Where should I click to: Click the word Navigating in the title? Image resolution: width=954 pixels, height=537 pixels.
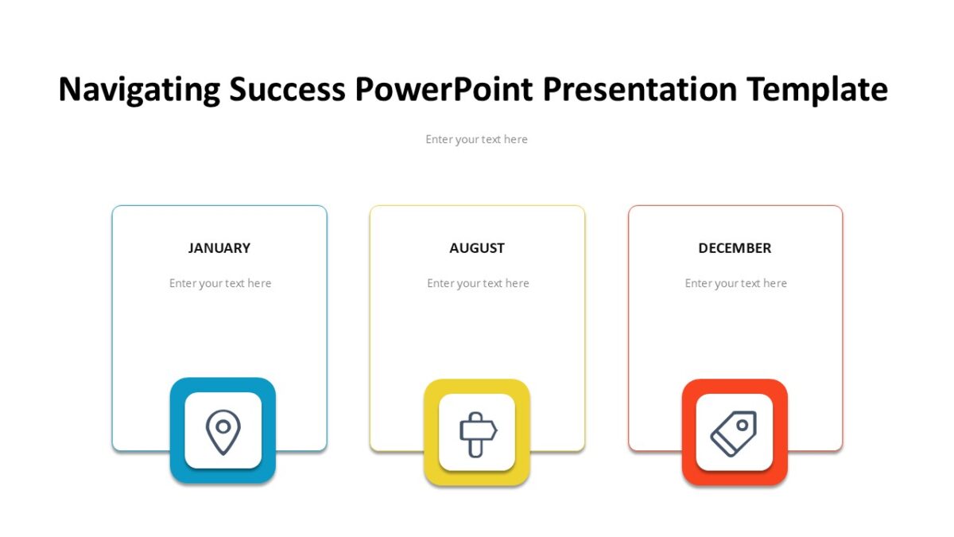[x=139, y=89]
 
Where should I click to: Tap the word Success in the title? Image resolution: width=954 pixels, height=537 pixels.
[x=288, y=89]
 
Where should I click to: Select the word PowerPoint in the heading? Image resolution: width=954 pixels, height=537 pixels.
[x=444, y=88]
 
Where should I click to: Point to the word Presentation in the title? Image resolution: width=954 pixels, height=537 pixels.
[x=640, y=89]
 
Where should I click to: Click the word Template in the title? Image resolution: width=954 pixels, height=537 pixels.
[x=817, y=89]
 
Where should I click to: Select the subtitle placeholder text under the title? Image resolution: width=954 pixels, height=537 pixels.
[x=476, y=139]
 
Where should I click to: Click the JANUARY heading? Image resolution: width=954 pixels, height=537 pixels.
[x=219, y=248]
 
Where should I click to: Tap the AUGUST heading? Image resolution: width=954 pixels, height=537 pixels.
[x=477, y=248]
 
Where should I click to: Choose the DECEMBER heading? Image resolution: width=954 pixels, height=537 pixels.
[x=735, y=248]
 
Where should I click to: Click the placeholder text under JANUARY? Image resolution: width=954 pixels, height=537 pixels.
[x=220, y=283]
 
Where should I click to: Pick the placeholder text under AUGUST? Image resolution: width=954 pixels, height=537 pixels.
[x=478, y=283]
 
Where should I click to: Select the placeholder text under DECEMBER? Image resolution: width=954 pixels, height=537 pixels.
[x=735, y=283]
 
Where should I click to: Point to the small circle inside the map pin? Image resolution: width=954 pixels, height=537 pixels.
[x=223, y=426]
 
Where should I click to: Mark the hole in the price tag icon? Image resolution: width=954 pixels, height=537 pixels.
[x=743, y=425]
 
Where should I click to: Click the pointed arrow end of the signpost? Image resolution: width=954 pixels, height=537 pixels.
[x=496, y=430]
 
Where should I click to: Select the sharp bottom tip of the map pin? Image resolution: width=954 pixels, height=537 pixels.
[x=223, y=454]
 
